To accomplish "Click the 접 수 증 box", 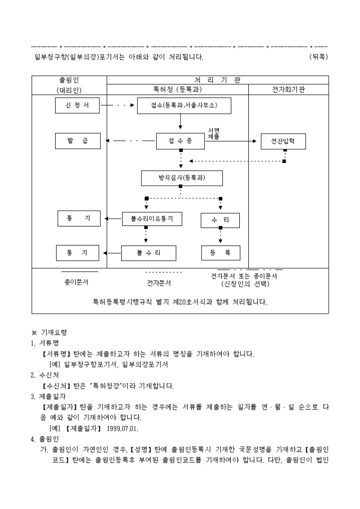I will pos(180,141).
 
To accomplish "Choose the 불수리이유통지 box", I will pos(152,219).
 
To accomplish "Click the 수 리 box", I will pos(220,220).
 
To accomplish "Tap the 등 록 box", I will pos(220,253).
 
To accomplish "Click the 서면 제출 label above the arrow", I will pos(214,133).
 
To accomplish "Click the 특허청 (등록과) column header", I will pos(177,89).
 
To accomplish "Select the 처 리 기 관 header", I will pos(217,80).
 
